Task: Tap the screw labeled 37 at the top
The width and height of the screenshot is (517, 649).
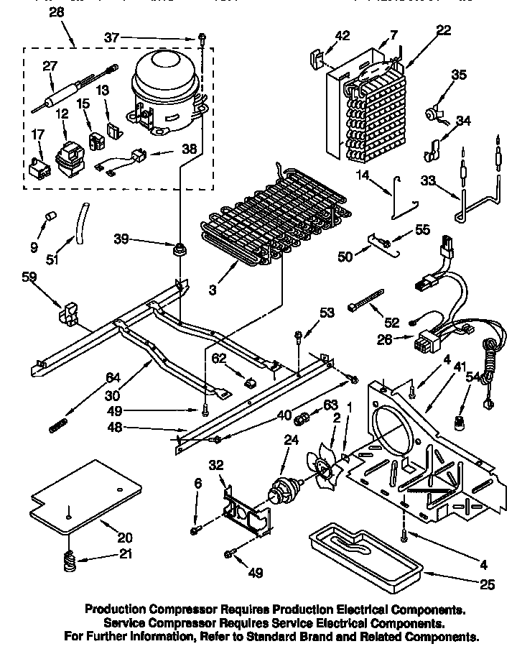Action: tap(202, 37)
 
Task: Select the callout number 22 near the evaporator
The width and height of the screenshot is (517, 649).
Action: tap(444, 29)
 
